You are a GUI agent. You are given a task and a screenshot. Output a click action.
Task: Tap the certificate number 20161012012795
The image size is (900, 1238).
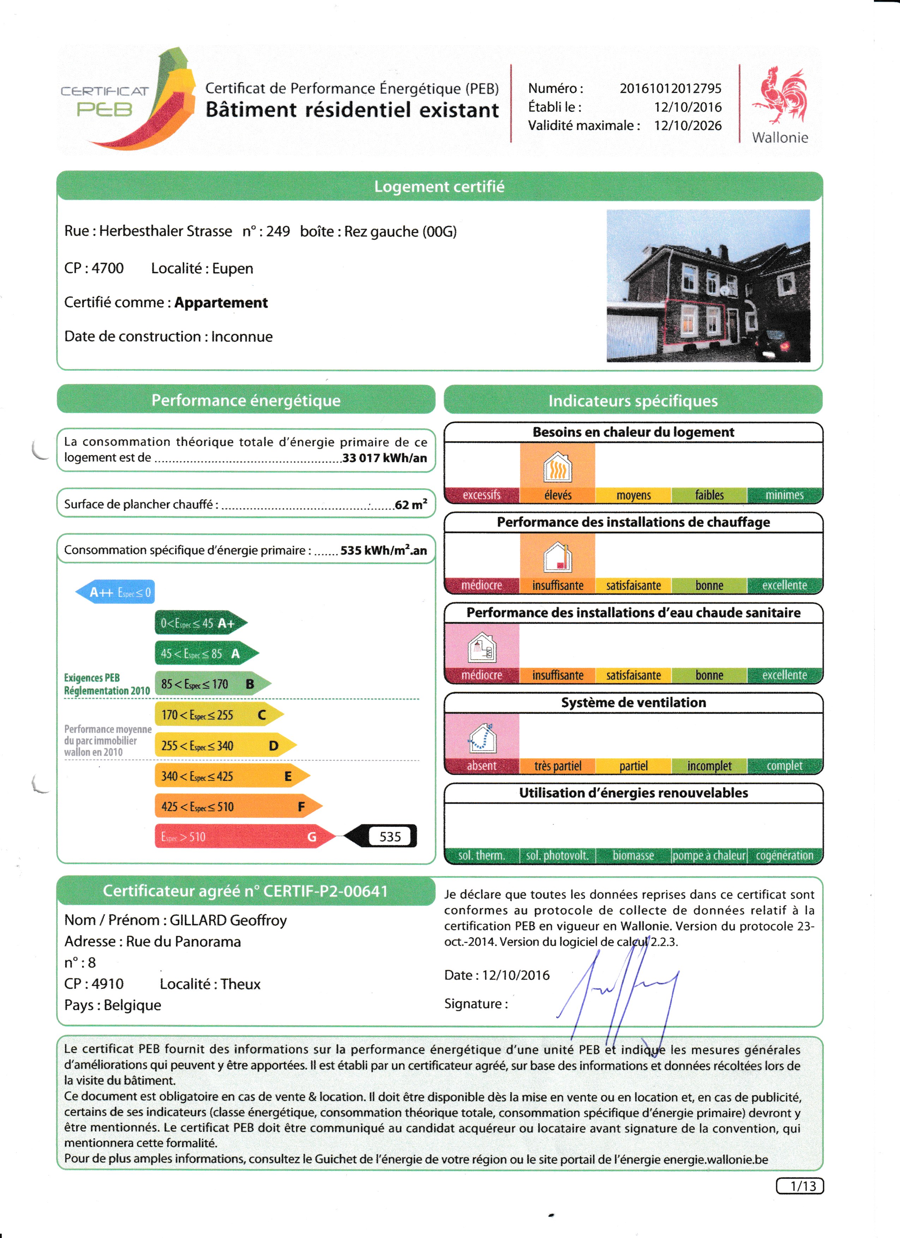pos(670,88)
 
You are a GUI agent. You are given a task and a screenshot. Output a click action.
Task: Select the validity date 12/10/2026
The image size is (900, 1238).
pos(688,126)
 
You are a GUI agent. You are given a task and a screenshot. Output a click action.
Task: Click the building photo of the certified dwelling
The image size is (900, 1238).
pos(708,286)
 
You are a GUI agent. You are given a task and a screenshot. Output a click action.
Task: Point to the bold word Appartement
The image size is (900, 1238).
pos(221,303)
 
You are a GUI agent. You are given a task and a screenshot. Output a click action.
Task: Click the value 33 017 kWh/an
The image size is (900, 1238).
pos(384,458)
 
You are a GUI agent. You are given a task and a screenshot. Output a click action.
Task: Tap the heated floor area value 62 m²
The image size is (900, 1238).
pos(410,505)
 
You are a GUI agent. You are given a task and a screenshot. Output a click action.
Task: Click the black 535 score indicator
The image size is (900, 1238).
pos(384,836)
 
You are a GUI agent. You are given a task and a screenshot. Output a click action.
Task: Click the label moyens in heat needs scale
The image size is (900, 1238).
pos(633,495)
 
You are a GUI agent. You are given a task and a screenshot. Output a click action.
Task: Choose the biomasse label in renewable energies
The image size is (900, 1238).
pos(633,855)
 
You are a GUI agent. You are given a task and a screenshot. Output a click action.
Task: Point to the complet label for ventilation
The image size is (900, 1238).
pos(784,765)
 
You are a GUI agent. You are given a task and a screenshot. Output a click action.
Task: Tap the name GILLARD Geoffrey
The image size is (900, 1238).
pos(228,920)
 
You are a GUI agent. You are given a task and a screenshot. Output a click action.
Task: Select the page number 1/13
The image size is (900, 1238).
pos(799,1186)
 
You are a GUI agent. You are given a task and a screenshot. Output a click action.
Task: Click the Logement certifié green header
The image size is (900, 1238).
pos(439,187)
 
